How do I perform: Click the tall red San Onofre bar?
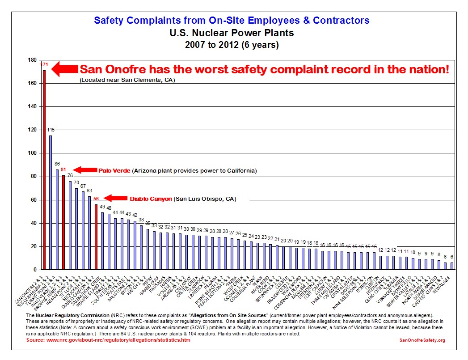click(44, 170)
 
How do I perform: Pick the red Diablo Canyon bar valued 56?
click(96, 237)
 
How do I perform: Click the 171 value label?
click(44, 65)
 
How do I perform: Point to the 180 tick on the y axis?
click(32, 60)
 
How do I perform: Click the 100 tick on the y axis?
click(32, 153)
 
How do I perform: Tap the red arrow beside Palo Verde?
click(83, 170)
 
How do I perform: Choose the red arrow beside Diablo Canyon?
click(114, 198)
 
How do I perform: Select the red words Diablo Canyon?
click(151, 199)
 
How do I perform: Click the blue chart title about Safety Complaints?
click(232, 20)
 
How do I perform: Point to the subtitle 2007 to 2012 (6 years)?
click(232, 45)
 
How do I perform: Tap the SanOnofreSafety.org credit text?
click(422, 340)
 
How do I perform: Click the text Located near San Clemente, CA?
click(127, 80)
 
